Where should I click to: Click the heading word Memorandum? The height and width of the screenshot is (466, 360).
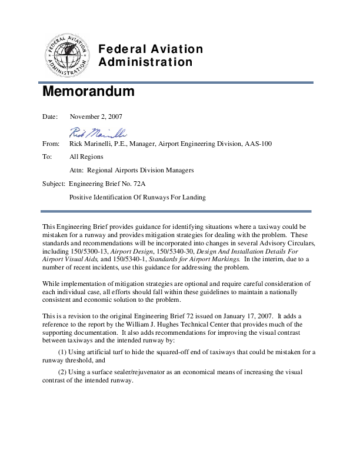(x=88, y=93)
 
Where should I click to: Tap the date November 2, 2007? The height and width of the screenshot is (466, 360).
(x=96, y=116)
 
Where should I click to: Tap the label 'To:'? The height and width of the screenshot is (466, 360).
(x=47, y=157)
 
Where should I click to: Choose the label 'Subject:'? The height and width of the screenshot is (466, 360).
(x=54, y=184)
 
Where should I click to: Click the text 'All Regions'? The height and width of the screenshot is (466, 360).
(x=86, y=157)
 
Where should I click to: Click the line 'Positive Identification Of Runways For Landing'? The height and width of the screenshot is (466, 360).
(x=138, y=197)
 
